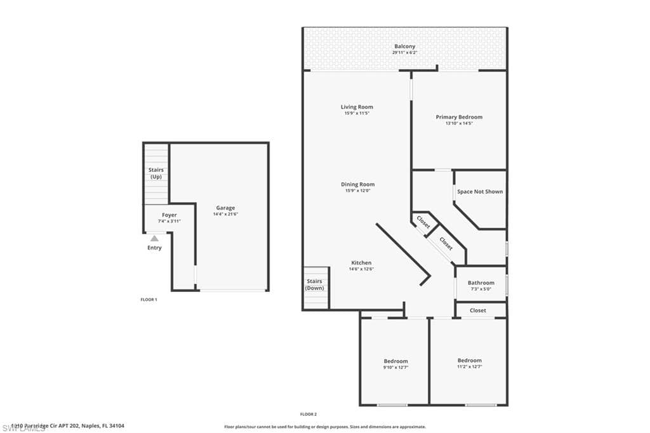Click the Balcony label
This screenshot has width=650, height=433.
[x=404, y=46]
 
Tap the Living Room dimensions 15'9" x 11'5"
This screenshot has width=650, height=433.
[x=357, y=114]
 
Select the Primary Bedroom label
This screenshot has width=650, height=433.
[x=459, y=117]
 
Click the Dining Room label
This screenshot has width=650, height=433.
[x=357, y=184]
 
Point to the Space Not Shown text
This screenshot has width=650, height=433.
[x=480, y=191]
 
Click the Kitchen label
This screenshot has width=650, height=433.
[x=361, y=263]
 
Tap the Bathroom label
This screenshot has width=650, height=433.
[x=481, y=283]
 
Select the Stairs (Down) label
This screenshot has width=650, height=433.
[x=314, y=284]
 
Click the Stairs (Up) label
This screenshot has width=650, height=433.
[x=156, y=173]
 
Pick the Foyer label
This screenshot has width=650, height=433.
[x=169, y=215]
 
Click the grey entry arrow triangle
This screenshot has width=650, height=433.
[x=154, y=238]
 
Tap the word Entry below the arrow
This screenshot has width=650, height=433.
[x=154, y=248]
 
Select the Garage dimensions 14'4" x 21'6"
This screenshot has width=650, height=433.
[x=225, y=214]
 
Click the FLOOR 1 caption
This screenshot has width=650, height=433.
[x=149, y=299]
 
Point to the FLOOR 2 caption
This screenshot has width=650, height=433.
[x=308, y=414]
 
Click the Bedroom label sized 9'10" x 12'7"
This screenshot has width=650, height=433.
[x=395, y=361]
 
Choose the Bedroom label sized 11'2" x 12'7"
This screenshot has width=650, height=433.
[x=470, y=360]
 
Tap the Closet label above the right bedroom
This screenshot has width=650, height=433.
[x=478, y=310]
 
